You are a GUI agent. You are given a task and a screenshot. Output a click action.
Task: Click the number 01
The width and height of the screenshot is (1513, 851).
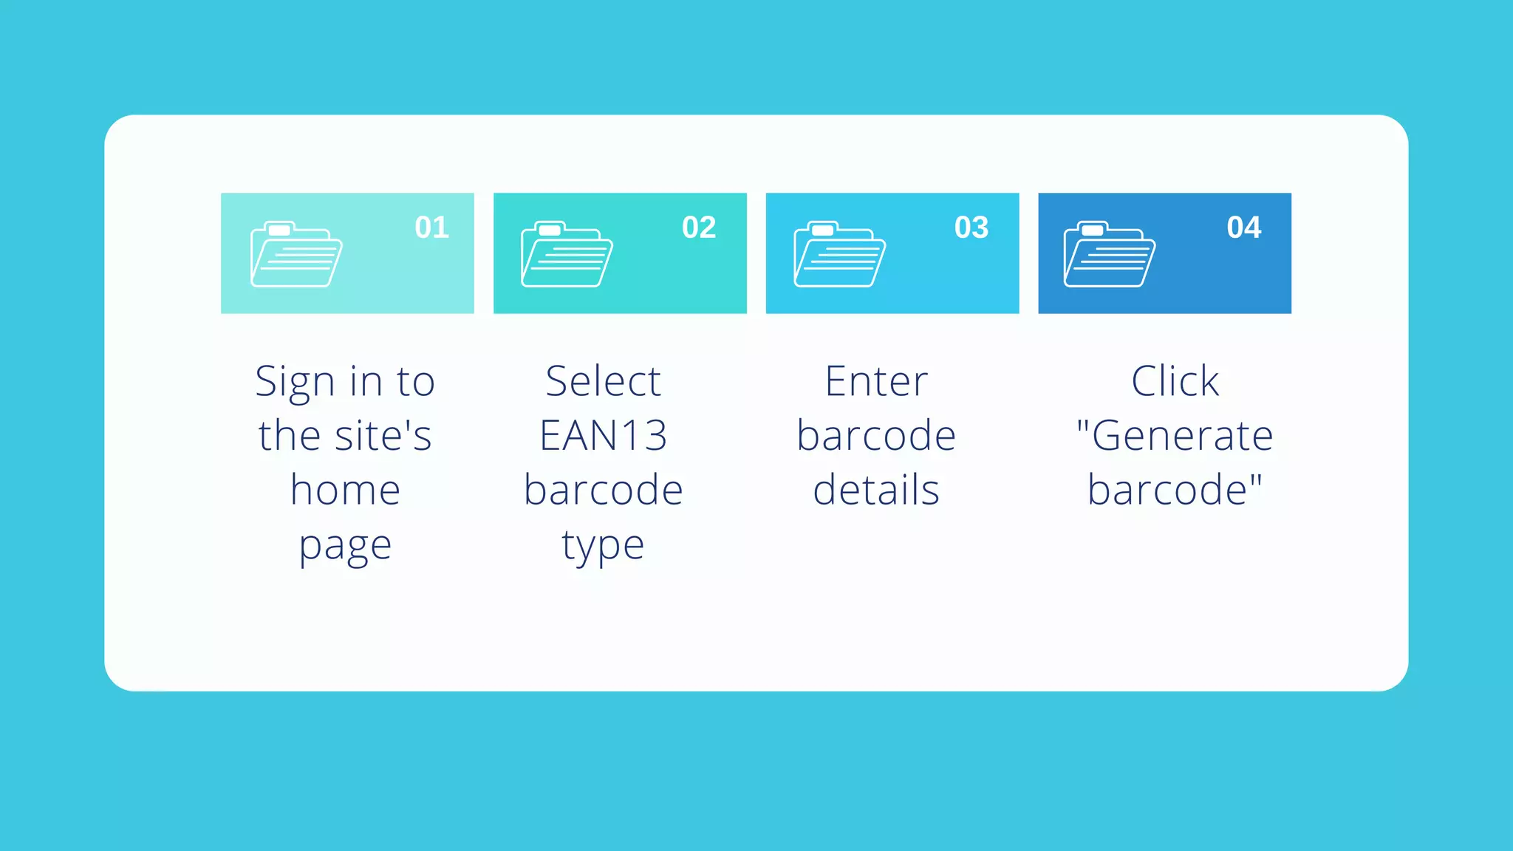pyautogui.click(x=432, y=228)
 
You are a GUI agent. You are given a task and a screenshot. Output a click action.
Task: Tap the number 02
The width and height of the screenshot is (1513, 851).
pyautogui.click(x=699, y=228)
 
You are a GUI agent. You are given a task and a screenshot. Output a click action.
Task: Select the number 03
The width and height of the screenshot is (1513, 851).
pyautogui.click(x=971, y=228)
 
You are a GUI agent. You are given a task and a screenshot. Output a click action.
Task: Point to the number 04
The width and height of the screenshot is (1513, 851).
pyautogui.click(x=1244, y=228)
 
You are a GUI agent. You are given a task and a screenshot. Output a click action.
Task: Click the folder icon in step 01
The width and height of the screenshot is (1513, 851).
pyautogui.click(x=296, y=254)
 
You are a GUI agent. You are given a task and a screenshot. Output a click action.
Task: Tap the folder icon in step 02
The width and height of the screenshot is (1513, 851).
pyautogui.click(x=567, y=254)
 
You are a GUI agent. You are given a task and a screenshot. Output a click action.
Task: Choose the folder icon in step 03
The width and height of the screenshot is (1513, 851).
pyautogui.click(x=839, y=254)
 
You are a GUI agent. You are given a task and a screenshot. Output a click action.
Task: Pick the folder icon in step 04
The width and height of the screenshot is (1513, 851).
pyautogui.click(x=1110, y=254)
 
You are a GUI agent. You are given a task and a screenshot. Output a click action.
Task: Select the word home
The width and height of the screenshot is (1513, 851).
pyautogui.click(x=346, y=491)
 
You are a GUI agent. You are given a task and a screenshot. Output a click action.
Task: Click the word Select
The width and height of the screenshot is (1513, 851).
pyautogui.click(x=603, y=382)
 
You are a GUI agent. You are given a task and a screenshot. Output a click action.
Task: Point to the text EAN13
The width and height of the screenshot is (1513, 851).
pyautogui.click(x=603, y=436)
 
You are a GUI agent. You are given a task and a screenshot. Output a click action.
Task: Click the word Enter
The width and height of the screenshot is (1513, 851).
pyautogui.click(x=876, y=382)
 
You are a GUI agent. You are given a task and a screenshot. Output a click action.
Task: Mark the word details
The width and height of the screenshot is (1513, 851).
pyautogui.click(x=876, y=491)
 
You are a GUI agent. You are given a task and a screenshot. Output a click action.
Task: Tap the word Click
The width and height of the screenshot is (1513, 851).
pyautogui.click(x=1175, y=382)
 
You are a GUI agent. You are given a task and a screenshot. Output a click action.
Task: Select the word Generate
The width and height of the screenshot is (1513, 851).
pyautogui.click(x=1182, y=436)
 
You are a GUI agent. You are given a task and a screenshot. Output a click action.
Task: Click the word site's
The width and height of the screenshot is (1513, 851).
pyautogui.click(x=383, y=436)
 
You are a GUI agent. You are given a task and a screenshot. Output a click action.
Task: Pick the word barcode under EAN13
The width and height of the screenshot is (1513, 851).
pyautogui.click(x=603, y=491)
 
